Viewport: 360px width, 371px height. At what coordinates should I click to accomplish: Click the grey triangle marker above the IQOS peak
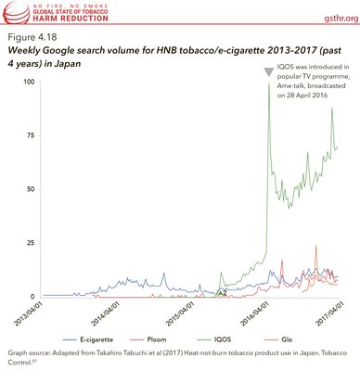[268, 72]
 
